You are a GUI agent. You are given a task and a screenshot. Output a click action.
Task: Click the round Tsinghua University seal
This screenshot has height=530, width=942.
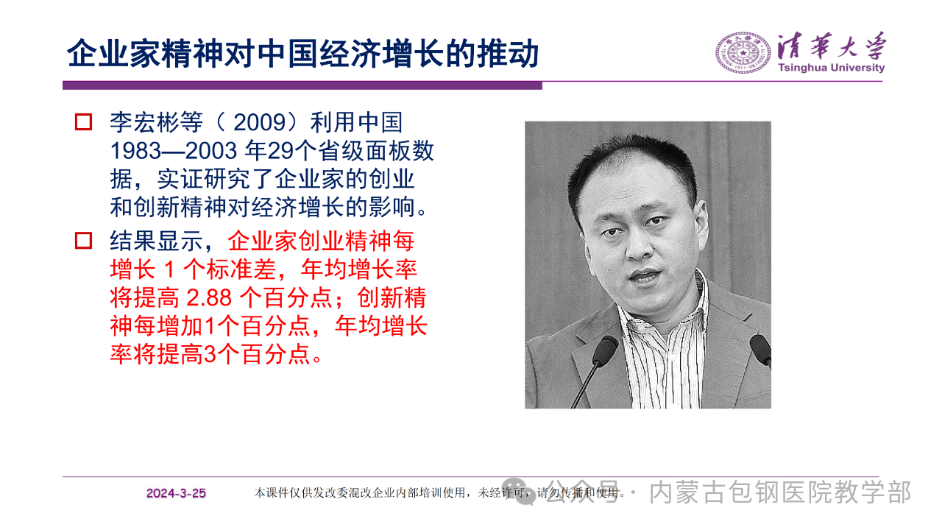click(x=743, y=53)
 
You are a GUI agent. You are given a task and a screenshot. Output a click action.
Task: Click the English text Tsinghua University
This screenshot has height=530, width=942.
click(x=832, y=68)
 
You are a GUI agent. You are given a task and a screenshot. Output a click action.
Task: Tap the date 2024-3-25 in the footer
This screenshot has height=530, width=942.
click(x=176, y=493)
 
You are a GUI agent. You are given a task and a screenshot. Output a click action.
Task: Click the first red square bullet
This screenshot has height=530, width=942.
click(x=83, y=122)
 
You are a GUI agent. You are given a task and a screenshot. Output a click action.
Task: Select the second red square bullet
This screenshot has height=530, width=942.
click(x=83, y=241)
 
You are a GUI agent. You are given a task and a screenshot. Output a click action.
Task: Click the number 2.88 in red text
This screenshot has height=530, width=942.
click(x=209, y=298)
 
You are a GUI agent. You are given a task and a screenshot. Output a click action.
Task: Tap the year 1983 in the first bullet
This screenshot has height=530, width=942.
click(x=136, y=151)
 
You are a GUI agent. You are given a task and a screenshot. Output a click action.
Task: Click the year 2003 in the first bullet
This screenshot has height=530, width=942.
click(x=211, y=151)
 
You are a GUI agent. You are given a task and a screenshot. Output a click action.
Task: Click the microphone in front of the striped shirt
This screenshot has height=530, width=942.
click(x=605, y=350)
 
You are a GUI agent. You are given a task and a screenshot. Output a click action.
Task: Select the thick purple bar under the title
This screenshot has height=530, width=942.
click(x=302, y=85)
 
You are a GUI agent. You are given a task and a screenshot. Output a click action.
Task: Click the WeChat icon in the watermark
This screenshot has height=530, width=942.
click(x=518, y=491)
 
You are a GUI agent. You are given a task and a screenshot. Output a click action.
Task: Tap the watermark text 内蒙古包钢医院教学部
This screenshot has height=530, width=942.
click(x=780, y=492)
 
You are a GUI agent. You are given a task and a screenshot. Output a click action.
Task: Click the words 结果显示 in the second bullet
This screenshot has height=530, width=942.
click(x=157, y=241)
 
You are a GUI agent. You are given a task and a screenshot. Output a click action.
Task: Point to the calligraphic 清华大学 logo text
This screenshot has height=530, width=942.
click(x=832, y=46)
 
